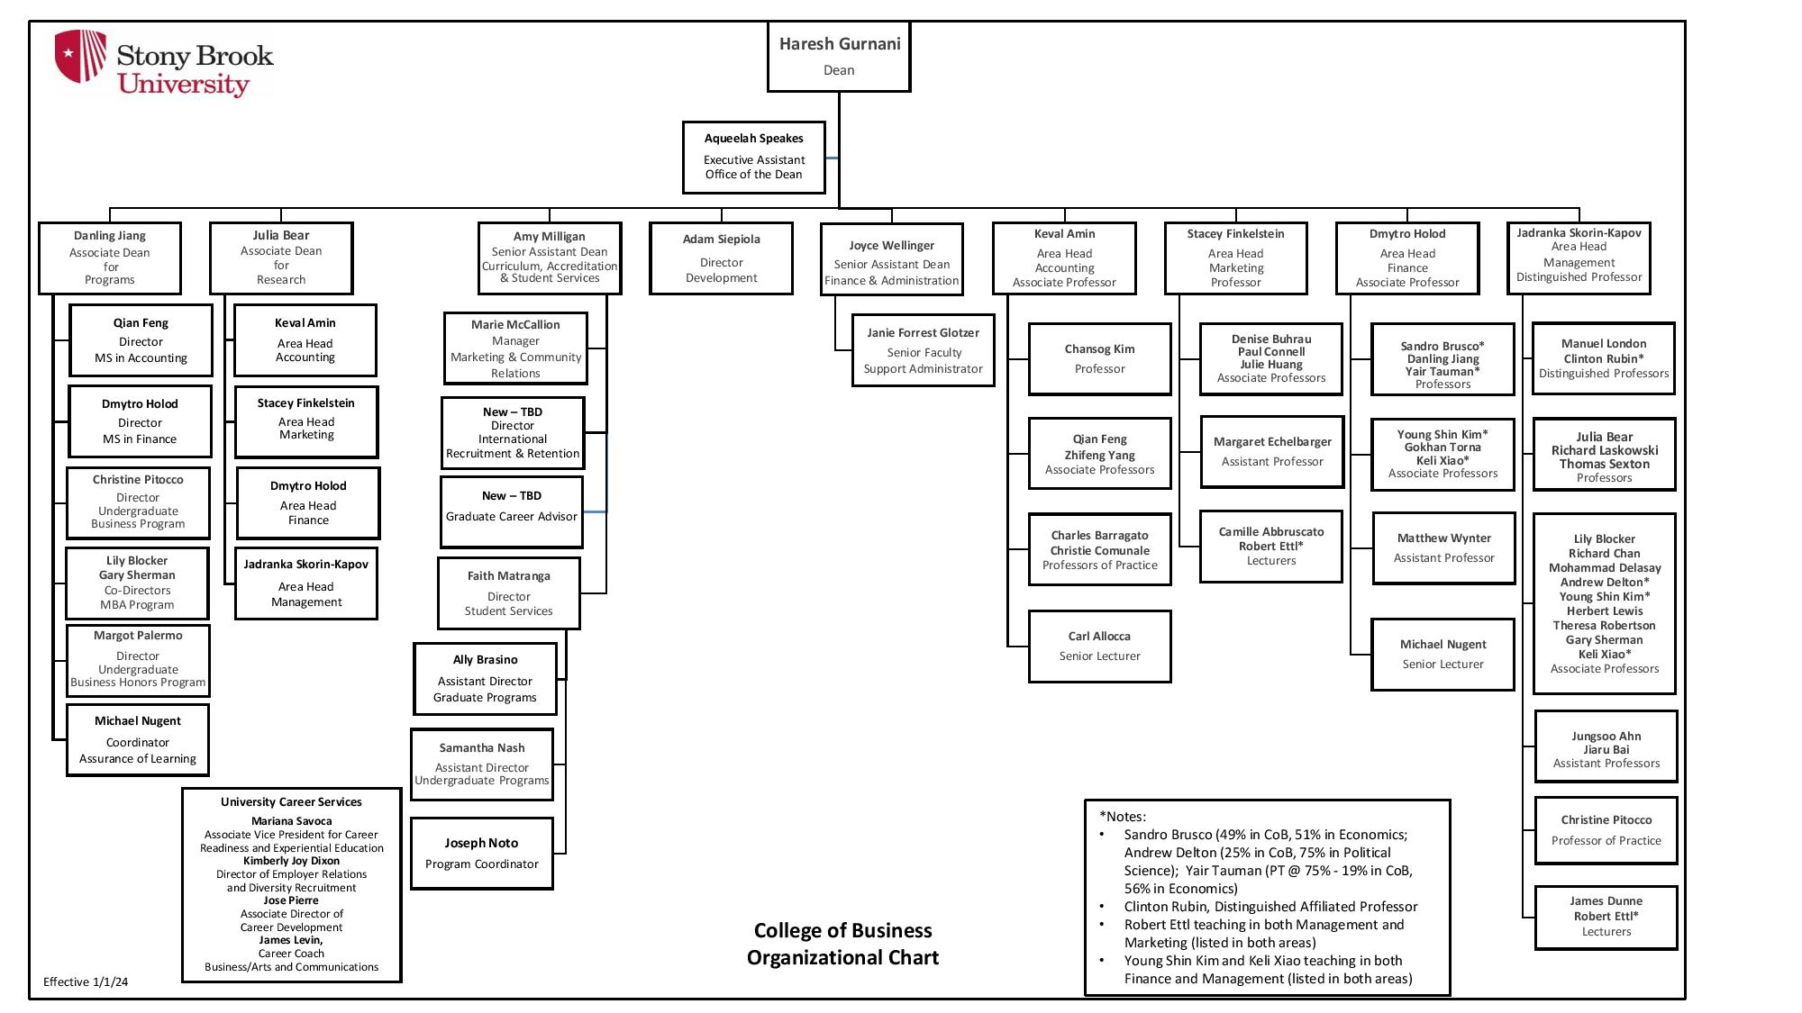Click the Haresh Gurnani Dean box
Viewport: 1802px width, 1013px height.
tap(839, 56)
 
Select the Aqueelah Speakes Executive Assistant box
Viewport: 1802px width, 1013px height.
tap(753, 157)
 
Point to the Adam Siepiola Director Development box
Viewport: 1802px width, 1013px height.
tap(721, 258)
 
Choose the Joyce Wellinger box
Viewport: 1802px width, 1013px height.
tap(891, 261)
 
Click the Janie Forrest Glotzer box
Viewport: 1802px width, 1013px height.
tap(923, 350)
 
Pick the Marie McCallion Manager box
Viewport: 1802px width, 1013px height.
tap(515, 348)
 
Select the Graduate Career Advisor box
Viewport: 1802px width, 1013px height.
tap(512, 511)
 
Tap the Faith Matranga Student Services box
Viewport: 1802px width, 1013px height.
tap(509, 592)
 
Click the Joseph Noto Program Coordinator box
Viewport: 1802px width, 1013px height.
tap(482, 853)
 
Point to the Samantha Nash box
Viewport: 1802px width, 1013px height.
tap(482, 764)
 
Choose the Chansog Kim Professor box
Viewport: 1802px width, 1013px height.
tap(1099, 358)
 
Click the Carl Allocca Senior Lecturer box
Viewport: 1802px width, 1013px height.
tap(1099, 646)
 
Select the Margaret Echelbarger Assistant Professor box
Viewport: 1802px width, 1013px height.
tap(1271, 451)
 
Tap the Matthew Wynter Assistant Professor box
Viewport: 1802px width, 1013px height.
tap(1443, 547)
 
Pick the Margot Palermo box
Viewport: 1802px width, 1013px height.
tap(138, 659)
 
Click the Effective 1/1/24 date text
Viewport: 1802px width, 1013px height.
tap(86, 981)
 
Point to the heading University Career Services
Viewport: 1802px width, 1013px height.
tap(291, 802)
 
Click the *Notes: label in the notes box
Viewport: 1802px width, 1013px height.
tap(1123, 817)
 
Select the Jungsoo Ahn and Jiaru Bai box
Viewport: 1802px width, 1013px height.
tap(1606, 748)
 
